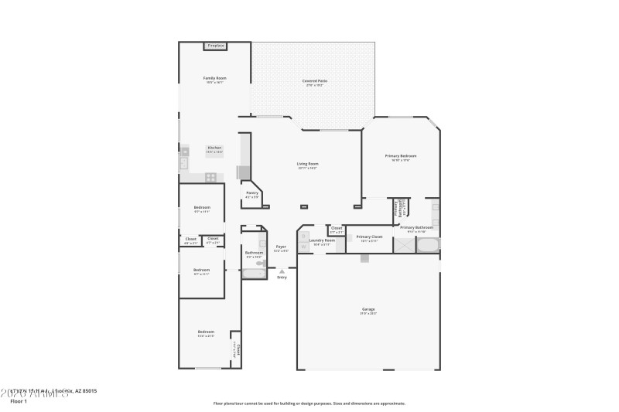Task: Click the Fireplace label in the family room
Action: pos(215,46)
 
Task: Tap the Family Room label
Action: pos(214,78)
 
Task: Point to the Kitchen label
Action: pos(214,148)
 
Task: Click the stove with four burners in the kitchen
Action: pos(210,177)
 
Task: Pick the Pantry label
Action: pos(252,193)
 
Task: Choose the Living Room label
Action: pos(308,164)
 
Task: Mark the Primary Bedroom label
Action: pos(402,156)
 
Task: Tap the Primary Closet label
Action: pos(369,237)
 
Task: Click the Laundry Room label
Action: pos(321,240)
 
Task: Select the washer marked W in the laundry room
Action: pos(304,235)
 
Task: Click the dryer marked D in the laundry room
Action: pos(304,245)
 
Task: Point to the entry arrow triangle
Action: pos(282,271)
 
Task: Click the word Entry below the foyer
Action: pos(282,278)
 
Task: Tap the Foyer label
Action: pos(281,247)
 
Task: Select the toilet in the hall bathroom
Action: pos(261,264)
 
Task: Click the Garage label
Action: pos(368,309)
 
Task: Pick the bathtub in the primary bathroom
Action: pos(428,246)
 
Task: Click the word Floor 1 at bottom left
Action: pos(19,401)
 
